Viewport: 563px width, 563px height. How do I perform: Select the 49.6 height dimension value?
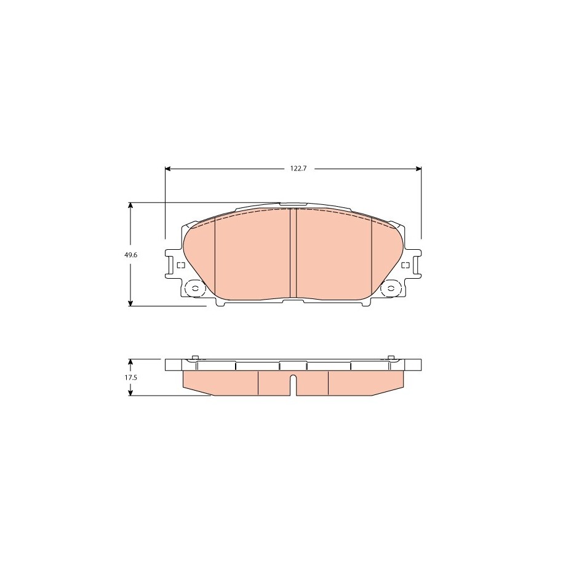pos(131,255)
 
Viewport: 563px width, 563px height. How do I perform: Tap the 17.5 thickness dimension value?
pos(131,377)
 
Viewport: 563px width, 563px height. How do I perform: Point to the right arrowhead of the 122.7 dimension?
pos(418,169)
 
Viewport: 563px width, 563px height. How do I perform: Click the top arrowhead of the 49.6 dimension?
pos(130,206)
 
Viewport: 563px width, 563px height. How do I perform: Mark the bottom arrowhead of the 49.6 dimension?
pos(130,303)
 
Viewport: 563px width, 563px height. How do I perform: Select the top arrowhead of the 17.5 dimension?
pos(130,362)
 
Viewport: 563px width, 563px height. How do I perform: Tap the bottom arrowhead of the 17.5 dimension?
pos(130,393)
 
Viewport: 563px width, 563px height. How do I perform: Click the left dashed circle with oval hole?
pos(195,289)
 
